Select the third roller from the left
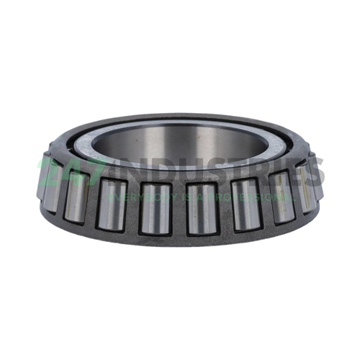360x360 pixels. point(112,206)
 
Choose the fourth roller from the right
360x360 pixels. point(202,210)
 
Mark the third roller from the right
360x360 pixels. point(246,207)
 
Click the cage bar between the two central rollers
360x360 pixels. point(179,210)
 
